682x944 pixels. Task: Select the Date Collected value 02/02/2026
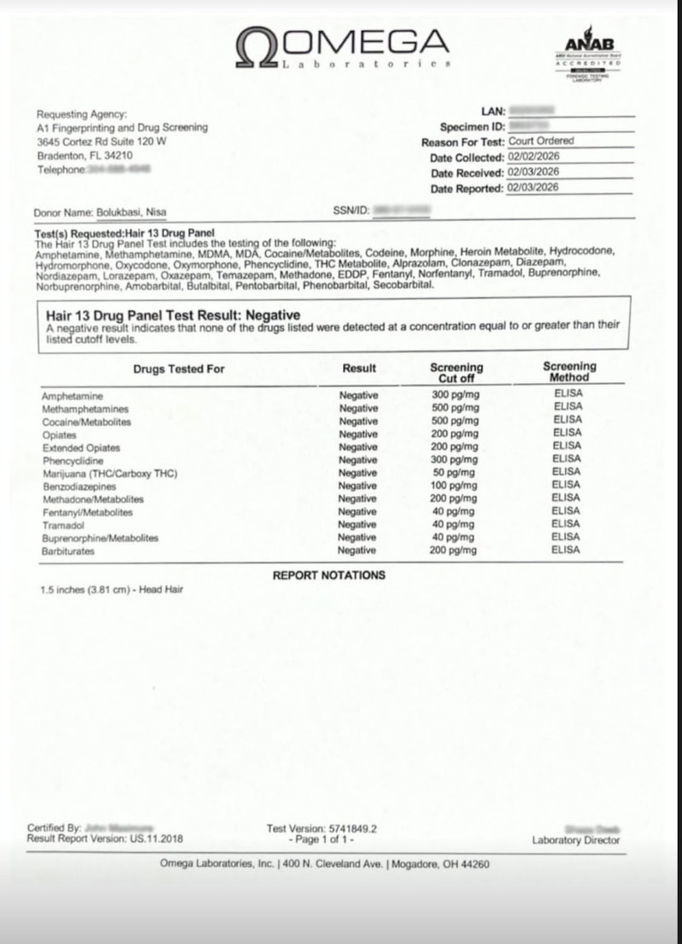click(533, 158)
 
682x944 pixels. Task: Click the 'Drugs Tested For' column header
click(179, 369)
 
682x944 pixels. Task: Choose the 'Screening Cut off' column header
click(456, 372)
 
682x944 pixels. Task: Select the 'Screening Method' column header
click(569, 371)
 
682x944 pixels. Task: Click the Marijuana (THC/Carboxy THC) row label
click(109, 473)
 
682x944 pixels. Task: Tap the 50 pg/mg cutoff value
click(454, 473)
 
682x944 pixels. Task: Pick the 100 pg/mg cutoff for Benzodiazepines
click(454, 486)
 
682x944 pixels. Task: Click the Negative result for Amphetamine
click(358, 395)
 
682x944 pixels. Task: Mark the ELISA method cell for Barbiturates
click(565, 550)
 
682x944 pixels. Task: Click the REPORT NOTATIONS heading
click(328, 575)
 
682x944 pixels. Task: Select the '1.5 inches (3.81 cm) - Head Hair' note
click(111, 590)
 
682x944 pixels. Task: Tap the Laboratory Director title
click(576, 840)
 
